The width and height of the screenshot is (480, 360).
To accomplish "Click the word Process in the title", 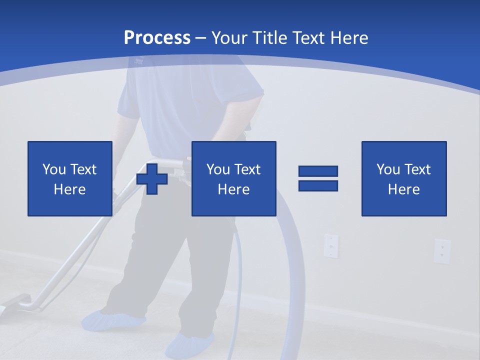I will click(x=157, y=38).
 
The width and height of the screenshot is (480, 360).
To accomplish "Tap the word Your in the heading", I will click(x=230, y=38).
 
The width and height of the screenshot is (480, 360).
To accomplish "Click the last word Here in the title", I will click(x=348, y=38).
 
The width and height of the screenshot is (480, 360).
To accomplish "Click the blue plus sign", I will click(x=152, y=178).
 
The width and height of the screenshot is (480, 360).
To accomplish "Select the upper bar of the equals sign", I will click(x=318, y=171).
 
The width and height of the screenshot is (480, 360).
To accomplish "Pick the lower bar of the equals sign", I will click(x=318, y=186).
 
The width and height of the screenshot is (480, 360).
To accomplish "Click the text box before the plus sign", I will click(x=69, y=178).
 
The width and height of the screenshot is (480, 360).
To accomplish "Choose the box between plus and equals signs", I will click(x=233, y=178).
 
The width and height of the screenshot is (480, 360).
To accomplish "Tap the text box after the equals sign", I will click(x=403, y=178).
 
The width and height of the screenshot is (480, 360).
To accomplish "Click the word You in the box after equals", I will click(x=387, y=169).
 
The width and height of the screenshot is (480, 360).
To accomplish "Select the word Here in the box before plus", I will click(x=69, y=189).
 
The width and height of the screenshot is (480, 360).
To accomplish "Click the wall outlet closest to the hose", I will click(x=330, y=245).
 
